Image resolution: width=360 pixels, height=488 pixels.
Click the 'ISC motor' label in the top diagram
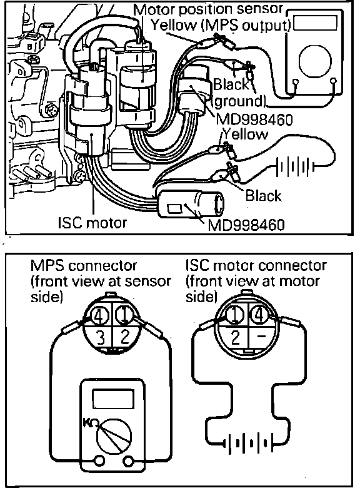pyautogui.click(x=92, y=223)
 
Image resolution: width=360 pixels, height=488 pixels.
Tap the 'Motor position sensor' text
pyautogui.click(x=208, y=9)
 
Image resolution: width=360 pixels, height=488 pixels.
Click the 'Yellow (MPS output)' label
pyautogui.click(x=221, y=26)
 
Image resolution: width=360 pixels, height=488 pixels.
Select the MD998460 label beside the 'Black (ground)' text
pyautogui.click(x=254, y=119)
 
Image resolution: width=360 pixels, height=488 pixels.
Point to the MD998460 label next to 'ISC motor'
pyautogui.click(x=246, y=225)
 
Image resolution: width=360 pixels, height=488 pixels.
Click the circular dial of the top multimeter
pyautogui.click(x=314, y=61)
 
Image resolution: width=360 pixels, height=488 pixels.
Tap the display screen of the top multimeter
pyautogui.click(x=315, y=23)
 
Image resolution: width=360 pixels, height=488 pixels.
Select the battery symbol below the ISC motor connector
pyautogui.click(x=250, y=442)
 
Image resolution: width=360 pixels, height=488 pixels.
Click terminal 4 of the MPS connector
pyautogui.click(x=99, y=316)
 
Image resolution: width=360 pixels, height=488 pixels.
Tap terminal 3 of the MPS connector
pyautogui.click(x=99, y=337)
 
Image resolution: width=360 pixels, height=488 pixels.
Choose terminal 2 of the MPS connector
pyautogui.click(x=124, y=337)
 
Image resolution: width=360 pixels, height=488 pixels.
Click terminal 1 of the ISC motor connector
pyautogui.click(x=235, y=315)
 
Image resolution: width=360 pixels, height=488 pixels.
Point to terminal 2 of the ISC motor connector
pyautogui.click(x=236, y=337)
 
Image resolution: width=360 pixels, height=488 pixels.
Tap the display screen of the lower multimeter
pyautogui.click(x=113, y=399)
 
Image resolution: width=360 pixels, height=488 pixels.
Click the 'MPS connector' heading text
pyautogui.click(x=84, y=265)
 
